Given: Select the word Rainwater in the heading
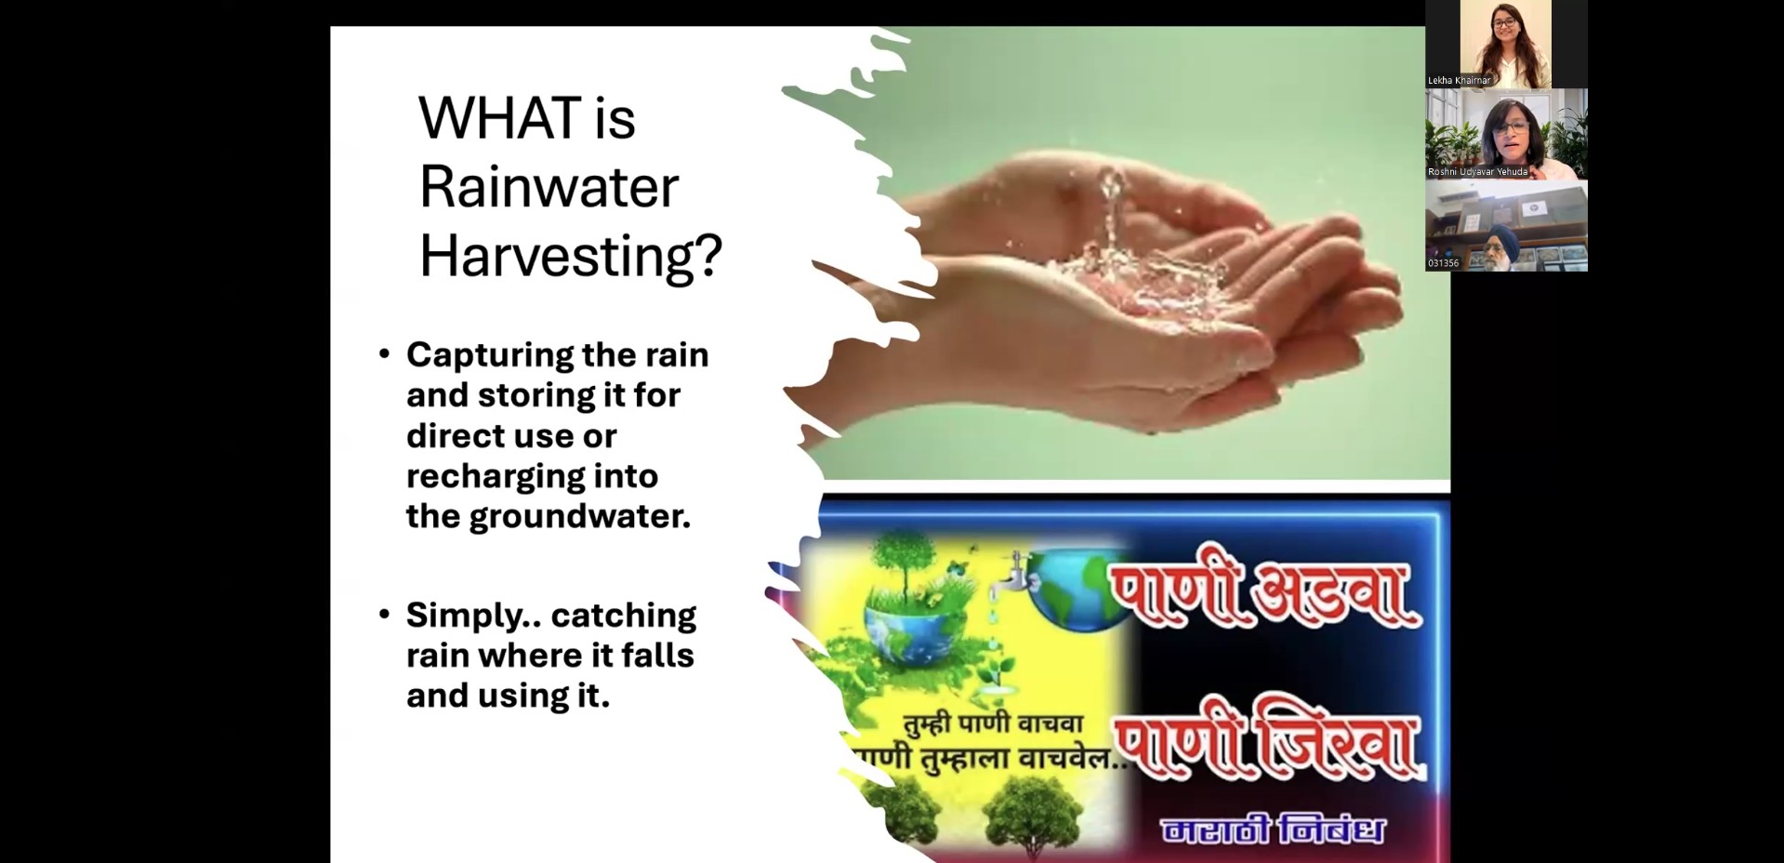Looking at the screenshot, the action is click(548, 187).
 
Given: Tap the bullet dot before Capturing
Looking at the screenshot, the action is click(385, 353).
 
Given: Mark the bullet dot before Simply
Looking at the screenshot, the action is click(385, 614).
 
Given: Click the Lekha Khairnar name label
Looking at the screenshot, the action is click(1459, 81).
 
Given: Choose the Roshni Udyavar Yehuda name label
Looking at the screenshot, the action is click(1477, 172).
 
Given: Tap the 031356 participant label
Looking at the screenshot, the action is click(1443, 263).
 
